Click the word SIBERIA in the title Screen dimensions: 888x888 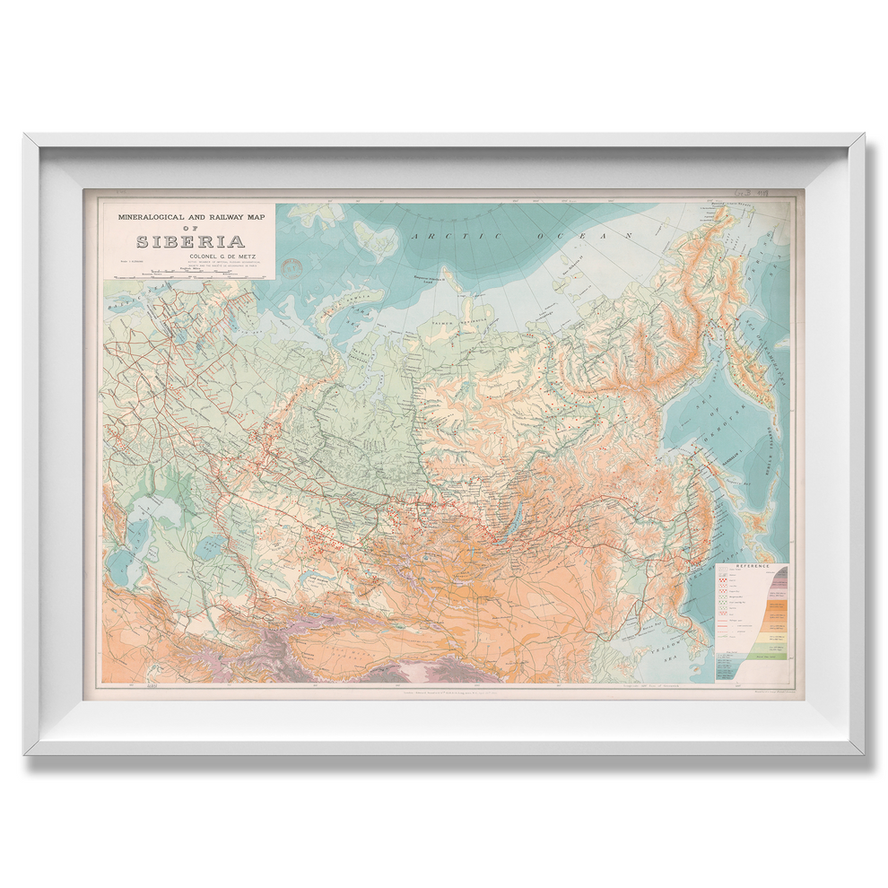pyautogui.click(x=190, y=241)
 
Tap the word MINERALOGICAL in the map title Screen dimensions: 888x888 pyautogui.click(x=145, y=217)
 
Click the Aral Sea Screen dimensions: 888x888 pyautogui.click(x=212, y=545)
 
